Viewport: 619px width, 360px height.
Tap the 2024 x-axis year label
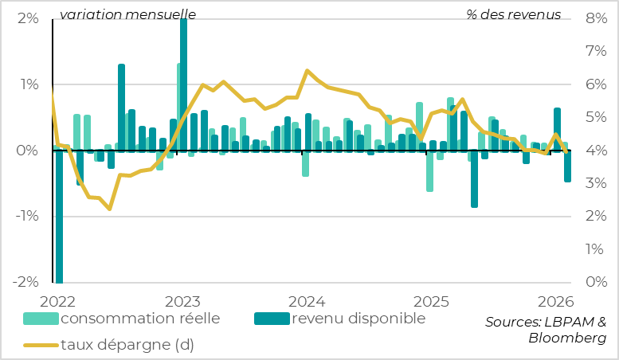click(305, 301)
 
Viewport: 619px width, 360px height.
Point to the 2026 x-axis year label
click(554, 301)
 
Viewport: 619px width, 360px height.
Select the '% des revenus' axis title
click(514, 14)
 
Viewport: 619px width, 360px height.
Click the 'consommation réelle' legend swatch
click(41, 319)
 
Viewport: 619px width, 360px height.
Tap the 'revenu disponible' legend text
click(358, 319)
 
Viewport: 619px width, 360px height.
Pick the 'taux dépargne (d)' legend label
click(127, 345)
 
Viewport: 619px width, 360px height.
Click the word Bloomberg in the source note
click(566, 338)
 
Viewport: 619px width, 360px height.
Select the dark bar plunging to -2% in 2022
click(59, 215)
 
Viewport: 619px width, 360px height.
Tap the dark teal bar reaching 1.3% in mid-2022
click(122, 108)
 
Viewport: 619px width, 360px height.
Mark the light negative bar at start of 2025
click(429, 170)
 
